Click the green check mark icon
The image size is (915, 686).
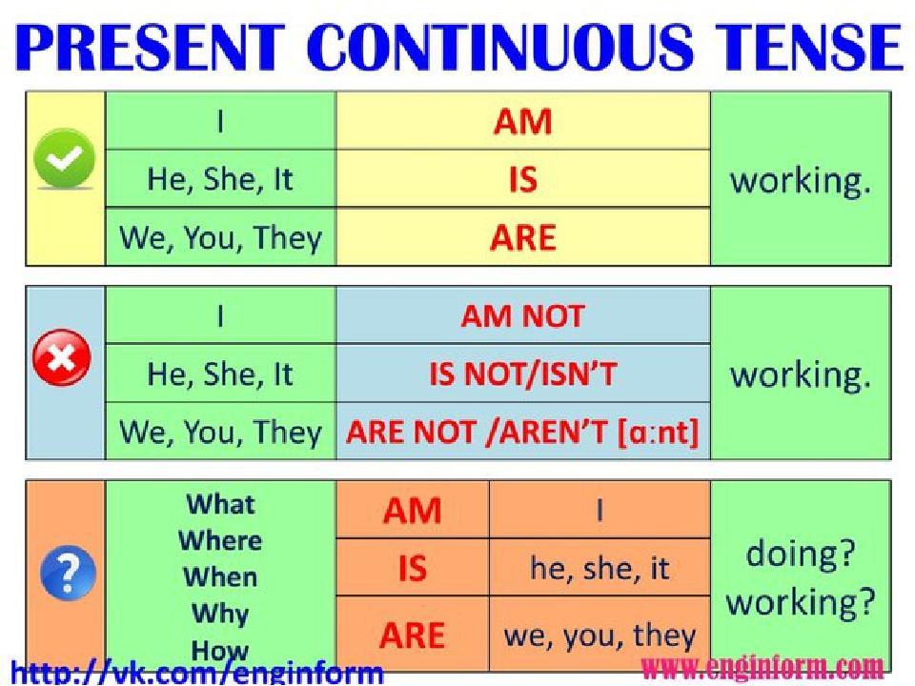click(64, 158)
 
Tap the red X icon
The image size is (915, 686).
click(62, 357)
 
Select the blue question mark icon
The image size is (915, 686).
click(69, 573)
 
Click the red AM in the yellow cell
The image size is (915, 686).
click(523, 122)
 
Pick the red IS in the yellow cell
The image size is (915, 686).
click(523, 179)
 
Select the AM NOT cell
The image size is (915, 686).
click(523, 316)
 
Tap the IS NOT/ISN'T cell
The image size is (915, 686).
click(523, 373)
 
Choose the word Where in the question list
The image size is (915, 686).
click(220, 541)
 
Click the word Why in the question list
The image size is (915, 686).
click(220, 614)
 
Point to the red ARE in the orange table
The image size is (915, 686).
click(412, 636)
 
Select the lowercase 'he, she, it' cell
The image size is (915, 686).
click(600, 567)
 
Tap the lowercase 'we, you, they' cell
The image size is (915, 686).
click(600, 635)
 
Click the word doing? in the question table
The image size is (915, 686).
click(800, 553)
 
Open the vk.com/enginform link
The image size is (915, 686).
click(197, 673)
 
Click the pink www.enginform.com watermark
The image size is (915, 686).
click(762, 667)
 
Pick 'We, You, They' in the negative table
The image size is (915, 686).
click(220, 433)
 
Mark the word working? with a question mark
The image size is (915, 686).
click(800, 602)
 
